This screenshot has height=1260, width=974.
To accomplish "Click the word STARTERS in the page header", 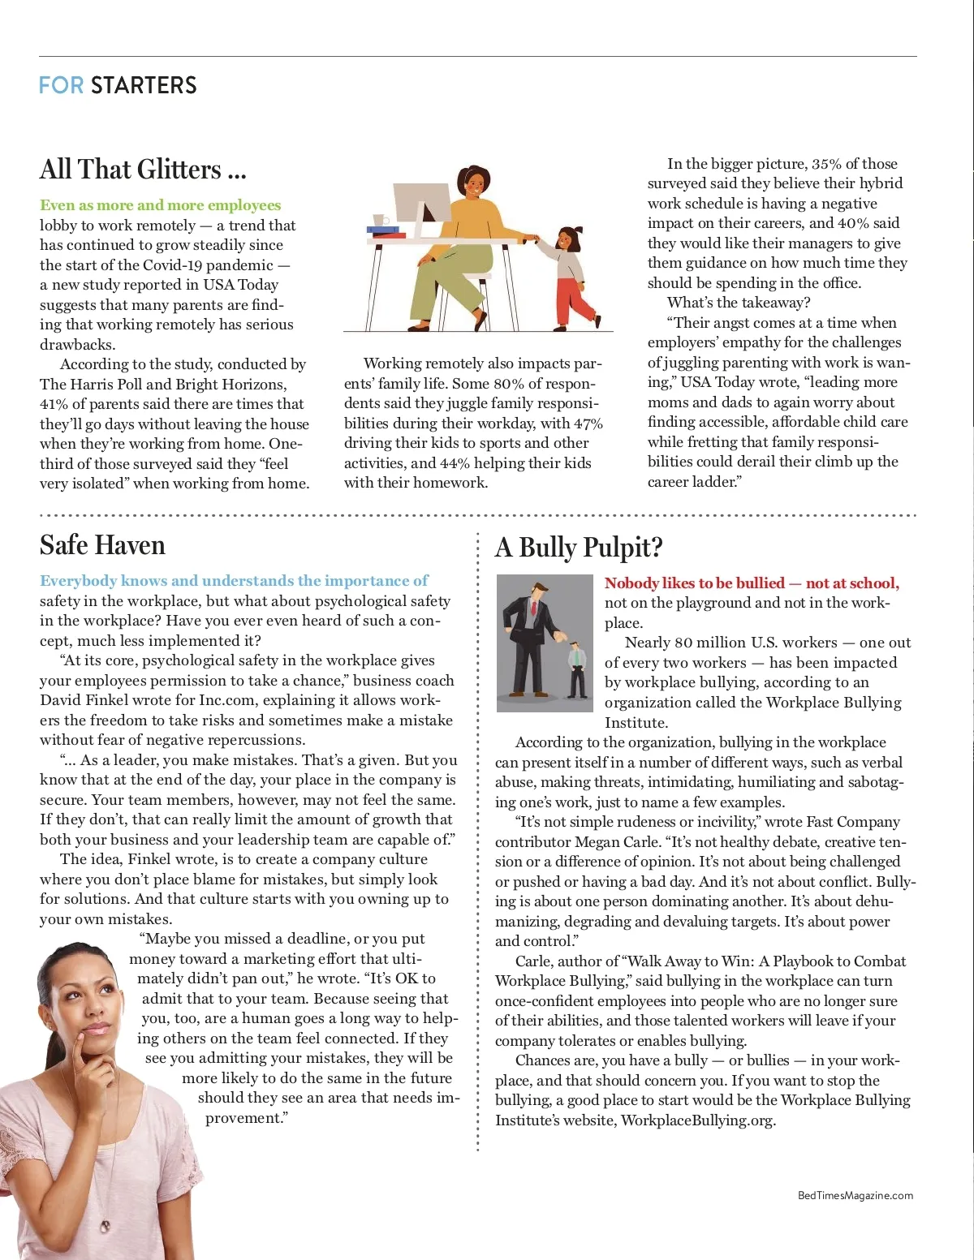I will (144, 85).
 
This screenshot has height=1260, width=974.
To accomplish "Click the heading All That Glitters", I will (142, 170).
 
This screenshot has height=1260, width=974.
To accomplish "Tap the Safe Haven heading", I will (102, 544).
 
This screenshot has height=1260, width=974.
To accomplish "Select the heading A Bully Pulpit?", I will (579, 548).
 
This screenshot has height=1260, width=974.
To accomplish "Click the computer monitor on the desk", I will (420, 204).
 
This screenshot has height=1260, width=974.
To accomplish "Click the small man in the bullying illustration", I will (577, 669).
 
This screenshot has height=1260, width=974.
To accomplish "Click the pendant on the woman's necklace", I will (105, 1225).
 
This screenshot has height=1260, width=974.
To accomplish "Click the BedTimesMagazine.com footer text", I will (855, 1195).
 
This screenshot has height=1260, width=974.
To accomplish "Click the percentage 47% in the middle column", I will (588, 424).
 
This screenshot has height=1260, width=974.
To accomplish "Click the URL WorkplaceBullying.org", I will (697, 1120).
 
